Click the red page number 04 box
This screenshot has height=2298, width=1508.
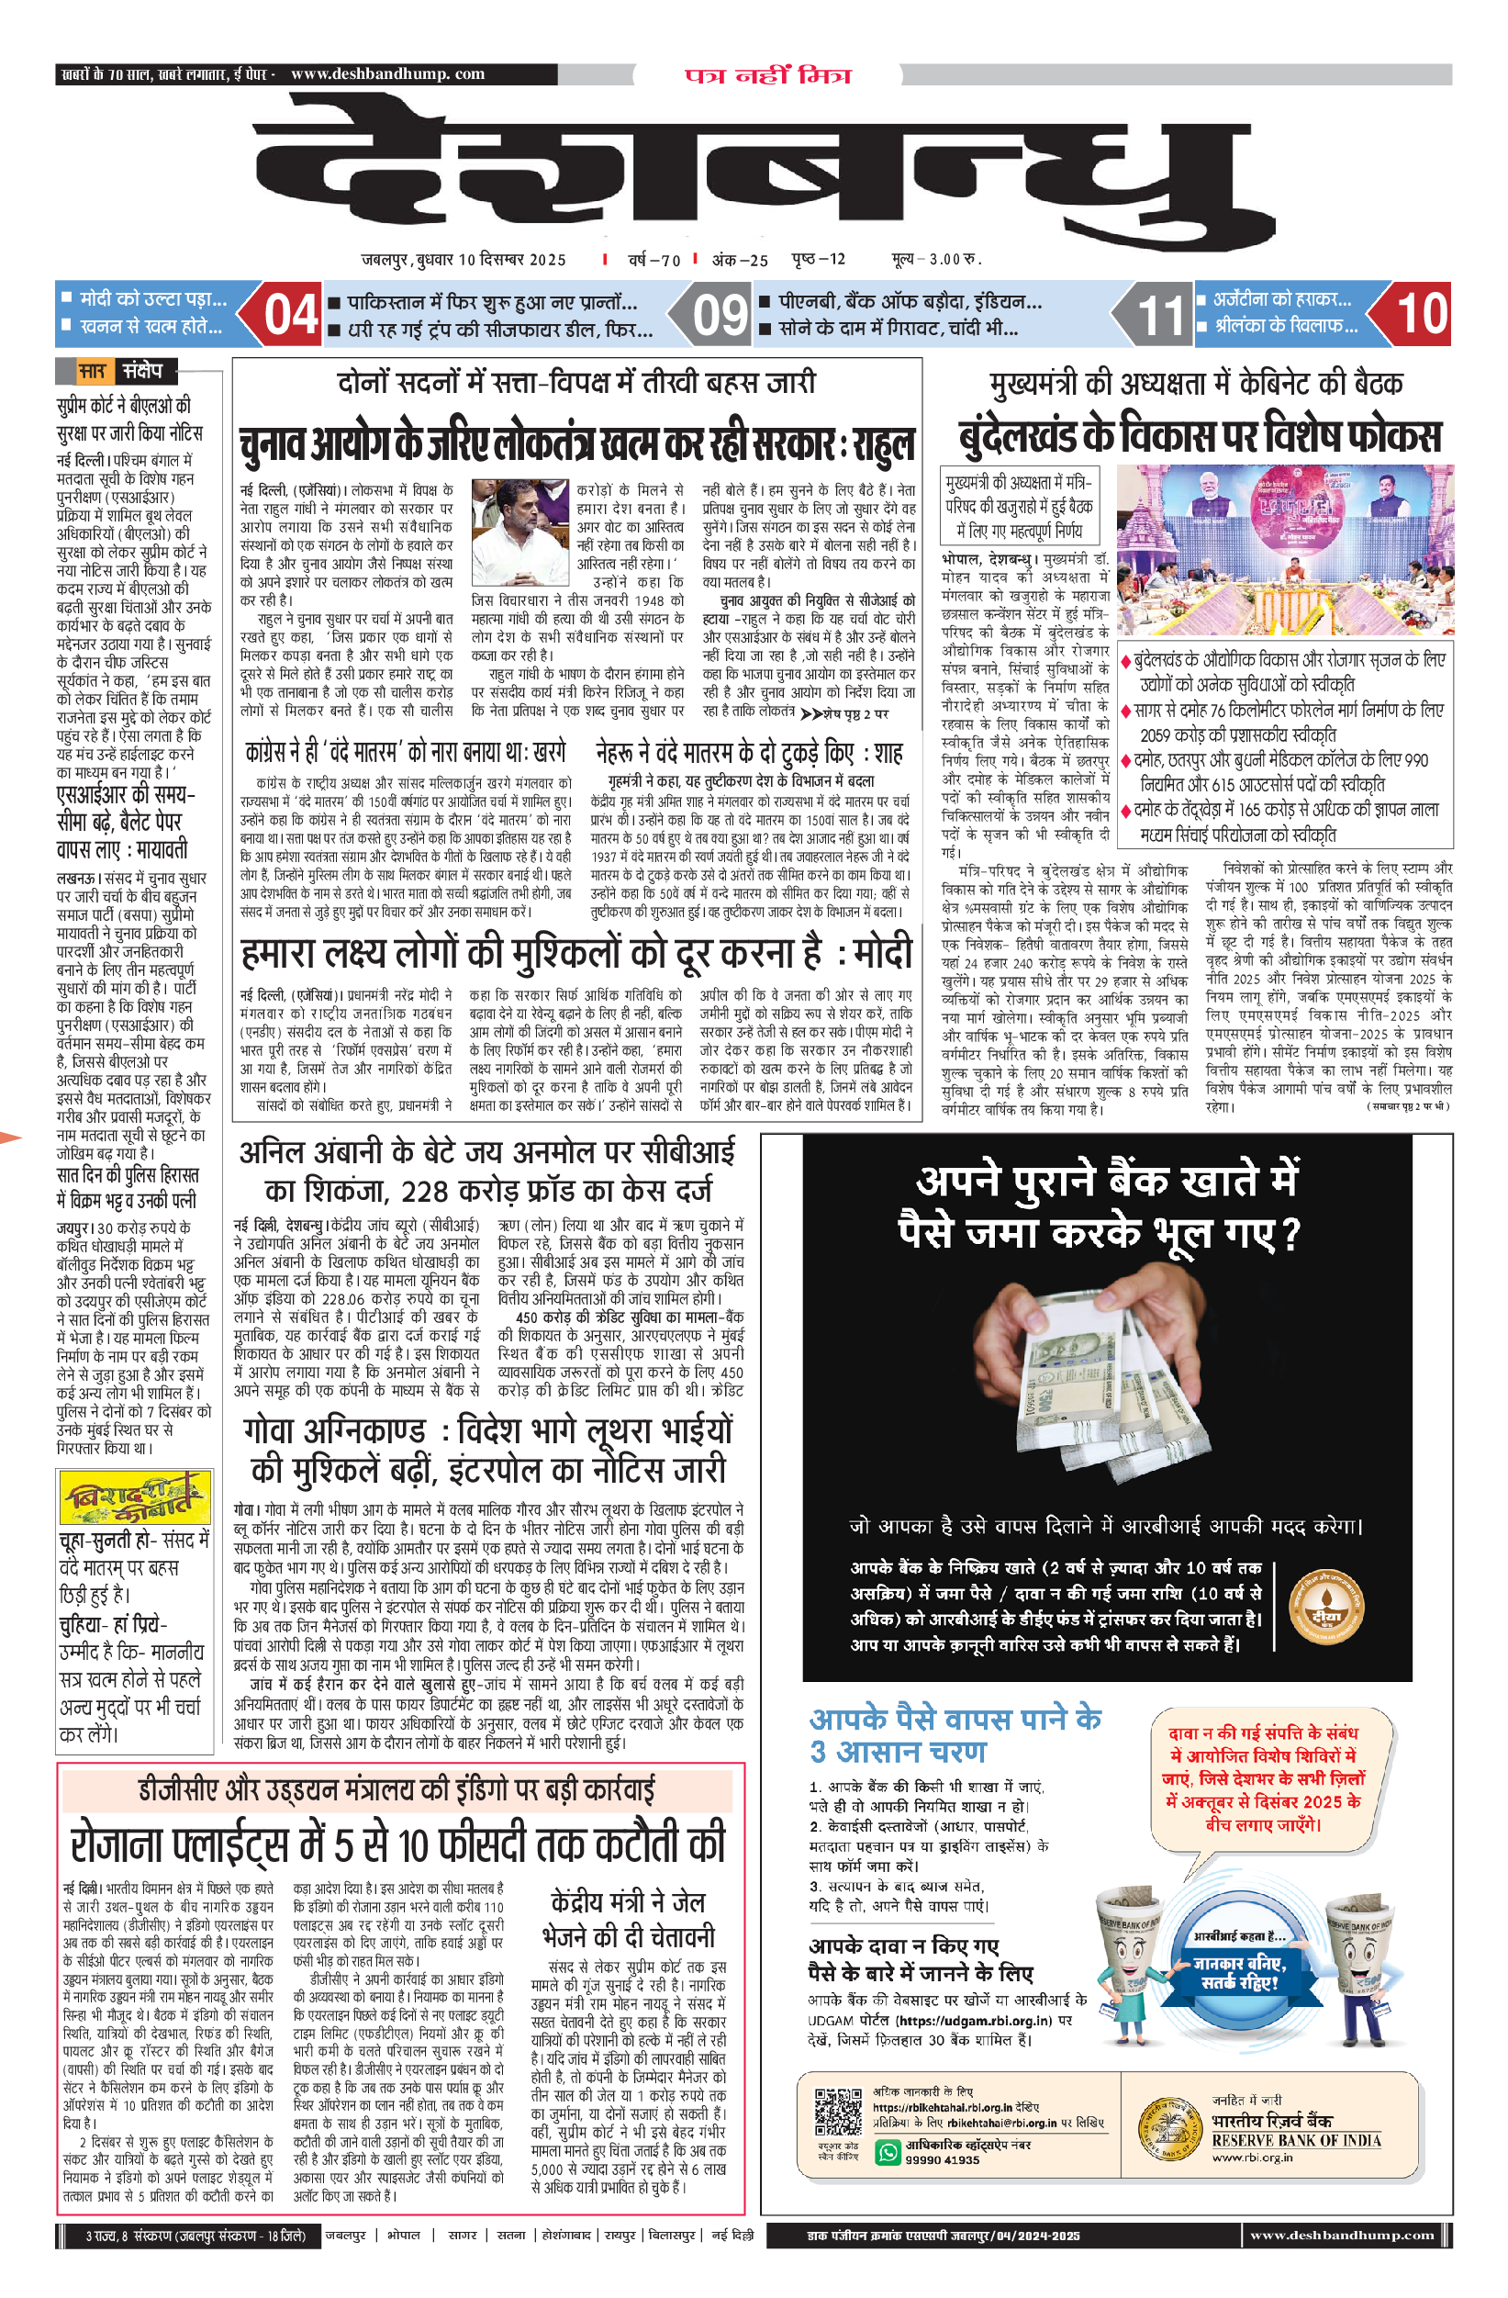pos(290,315)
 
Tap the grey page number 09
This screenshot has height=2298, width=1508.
pos(720,315)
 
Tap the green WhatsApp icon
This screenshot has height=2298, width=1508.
pos(887,2150)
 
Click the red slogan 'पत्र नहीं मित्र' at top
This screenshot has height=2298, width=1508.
pos(768,75)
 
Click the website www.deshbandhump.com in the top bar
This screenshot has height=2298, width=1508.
pos(387,73)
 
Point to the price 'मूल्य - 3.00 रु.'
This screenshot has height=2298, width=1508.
pos(935,259)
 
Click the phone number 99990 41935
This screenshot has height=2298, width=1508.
pos(943,2159)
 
